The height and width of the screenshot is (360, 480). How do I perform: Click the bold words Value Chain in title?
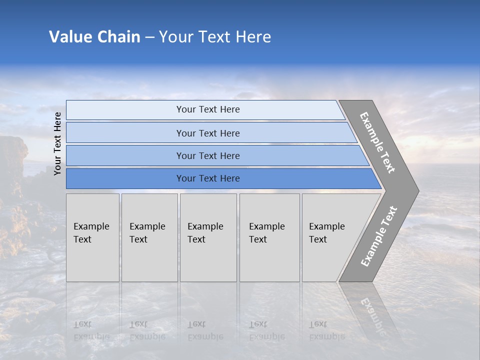(x=94, y=37)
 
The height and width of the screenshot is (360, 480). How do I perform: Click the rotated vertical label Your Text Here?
(x=57, y=143)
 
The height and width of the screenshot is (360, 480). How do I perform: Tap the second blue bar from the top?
(x=208, y=133)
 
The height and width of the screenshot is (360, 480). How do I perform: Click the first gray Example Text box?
(x=92, y=237)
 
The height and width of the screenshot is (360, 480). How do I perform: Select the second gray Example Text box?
(x=149, y=237)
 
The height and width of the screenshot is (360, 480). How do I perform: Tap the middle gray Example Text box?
(x=208, y=237)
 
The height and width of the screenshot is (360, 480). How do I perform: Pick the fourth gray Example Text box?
(x=269, y=237)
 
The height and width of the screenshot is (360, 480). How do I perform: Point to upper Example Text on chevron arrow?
(x=377, y=142)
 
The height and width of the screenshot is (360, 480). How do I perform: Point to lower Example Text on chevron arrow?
(x=379, y=236)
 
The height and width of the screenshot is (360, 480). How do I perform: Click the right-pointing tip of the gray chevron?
(x=415, y=190)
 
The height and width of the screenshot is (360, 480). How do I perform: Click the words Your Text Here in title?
(x=215, y=37)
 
